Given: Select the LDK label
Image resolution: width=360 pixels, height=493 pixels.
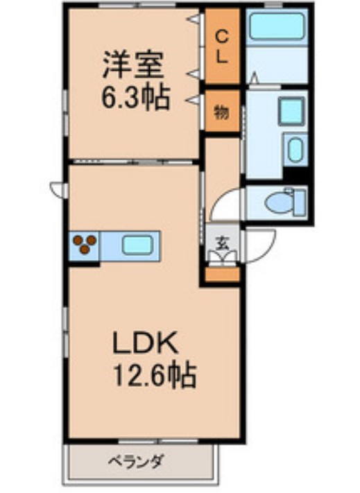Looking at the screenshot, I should pos(146,343).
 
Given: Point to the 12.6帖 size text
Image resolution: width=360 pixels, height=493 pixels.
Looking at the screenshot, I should pos(153,377).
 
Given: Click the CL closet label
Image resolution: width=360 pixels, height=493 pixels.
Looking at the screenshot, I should pos(221,45).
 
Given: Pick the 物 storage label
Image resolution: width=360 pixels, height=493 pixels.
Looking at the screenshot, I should pos(221,111).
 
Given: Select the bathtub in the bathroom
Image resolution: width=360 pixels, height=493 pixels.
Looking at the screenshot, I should pos(276,27).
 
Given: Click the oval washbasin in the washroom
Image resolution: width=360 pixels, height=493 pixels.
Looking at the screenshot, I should pos(294,148).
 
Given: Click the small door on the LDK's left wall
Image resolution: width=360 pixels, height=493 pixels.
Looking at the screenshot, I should pos(57,188).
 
